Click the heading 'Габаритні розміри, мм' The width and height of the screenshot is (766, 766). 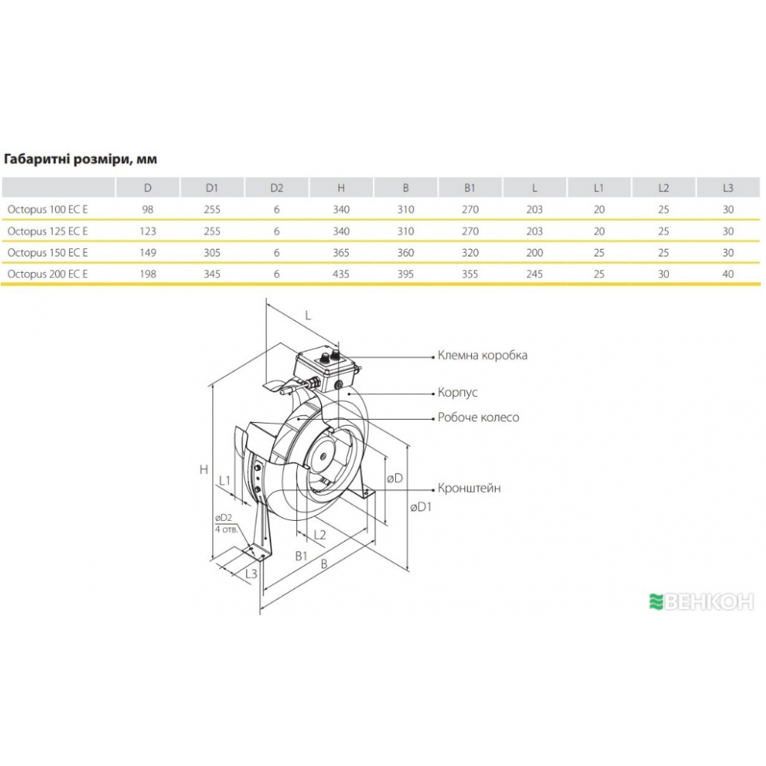tap(80, 159)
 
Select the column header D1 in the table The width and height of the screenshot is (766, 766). tap(212, 188)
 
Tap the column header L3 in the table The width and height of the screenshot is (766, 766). tap(728, 188)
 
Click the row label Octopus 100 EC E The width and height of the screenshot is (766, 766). tap(47, 209)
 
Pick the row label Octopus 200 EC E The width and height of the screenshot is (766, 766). tap(47, 273)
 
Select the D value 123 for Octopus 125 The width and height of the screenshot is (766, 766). tap(148, 231)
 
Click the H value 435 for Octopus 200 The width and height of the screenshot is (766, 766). tap(341, 273)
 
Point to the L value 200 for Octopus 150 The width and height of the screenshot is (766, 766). tap(535, 251)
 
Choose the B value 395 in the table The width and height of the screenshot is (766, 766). tap(405, 273)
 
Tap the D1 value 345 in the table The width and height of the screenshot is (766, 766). tap(212, 273)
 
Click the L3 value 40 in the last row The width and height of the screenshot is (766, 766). tap(728, 273)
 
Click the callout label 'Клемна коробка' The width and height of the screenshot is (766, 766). tap(482, 355)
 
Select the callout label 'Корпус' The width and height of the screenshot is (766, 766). tap(457, 392)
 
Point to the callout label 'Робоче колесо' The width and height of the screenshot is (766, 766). tap(478, 417)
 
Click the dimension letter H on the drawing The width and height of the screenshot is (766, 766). tap(204, 470)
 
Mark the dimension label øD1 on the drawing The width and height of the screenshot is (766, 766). tap(421, 507)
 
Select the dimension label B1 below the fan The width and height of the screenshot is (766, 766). tap(302, 555)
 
